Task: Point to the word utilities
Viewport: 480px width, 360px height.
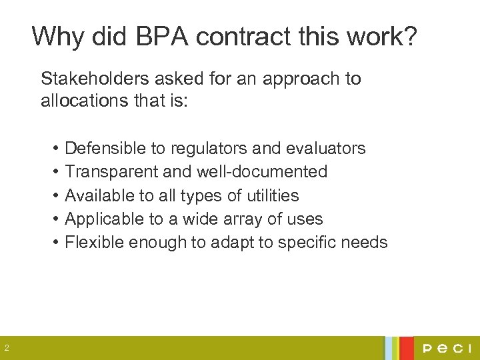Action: click(275, 195)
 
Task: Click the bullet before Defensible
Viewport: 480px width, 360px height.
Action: click(55, 148)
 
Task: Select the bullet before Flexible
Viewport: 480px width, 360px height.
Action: click(55, 242)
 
